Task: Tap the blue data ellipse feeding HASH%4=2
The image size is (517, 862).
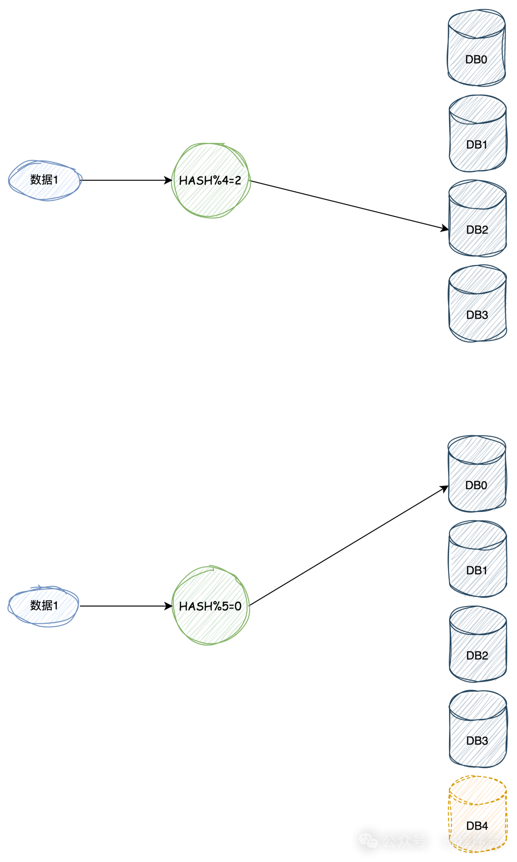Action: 45,180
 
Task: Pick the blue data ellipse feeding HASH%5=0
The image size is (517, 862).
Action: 44,606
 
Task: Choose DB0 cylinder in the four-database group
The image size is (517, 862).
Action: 477,48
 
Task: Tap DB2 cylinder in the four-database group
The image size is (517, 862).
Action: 477,218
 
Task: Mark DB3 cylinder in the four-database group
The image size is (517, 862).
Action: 477,303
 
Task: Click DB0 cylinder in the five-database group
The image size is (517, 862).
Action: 477,474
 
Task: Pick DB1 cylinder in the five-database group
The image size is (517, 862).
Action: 477,559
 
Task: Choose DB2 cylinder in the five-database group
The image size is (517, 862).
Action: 477,644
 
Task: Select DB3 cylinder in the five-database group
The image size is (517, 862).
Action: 477,729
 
